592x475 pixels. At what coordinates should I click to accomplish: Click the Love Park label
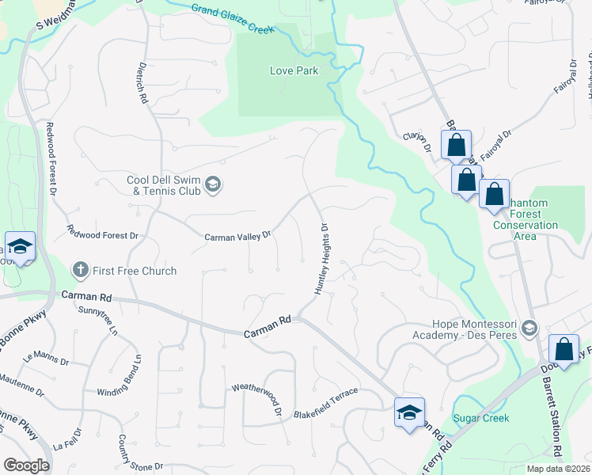[x=294, y=70]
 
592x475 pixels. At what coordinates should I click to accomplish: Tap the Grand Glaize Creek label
[x=232, y=18]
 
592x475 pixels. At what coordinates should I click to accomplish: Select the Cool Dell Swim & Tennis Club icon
[x=212, y=185]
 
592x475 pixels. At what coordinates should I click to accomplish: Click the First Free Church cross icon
[x=79, y=271]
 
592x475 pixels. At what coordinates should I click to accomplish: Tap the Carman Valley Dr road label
[x=237, y=236]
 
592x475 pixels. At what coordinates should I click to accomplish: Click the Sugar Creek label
[x=480, y=418]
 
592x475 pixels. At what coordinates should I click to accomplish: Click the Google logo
[x=26, y=465]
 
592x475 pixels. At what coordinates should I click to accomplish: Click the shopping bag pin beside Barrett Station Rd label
[x=564, y=350]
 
